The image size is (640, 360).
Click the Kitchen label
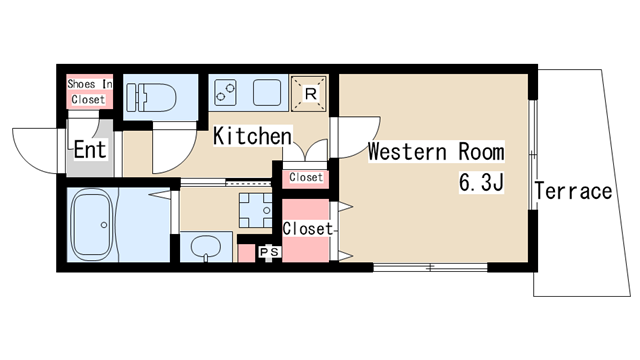pyautogui.click(x=253, y=136)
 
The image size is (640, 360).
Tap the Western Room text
pyautogui.click(x=436, y=152)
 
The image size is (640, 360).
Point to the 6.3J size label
pyautogui.click(x=482, y=182)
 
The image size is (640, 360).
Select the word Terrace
pyautogui.click(x=573, y=191)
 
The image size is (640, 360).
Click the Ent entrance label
pyautogui.click(x=90, y=149)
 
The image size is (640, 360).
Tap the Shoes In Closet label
pyautogui.click(x=89, y=91)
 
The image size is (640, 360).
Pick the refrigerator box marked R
pyautogui.click(x=309, y=93)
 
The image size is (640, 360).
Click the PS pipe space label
pyautogui.click(x=269, y=252)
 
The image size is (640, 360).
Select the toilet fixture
pyautogui.click(x=151, y=97)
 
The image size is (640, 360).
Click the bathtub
pyautogui.click(x=92, y=224)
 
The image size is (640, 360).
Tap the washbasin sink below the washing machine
pyautogui.click(x=206, y=247)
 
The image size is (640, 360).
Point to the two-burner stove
pyautogui.click(x=225, y=93)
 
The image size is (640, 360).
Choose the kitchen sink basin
pyautogui.click(x=267, y=93)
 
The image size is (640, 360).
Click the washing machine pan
pyautogui.click(x=256, y=210)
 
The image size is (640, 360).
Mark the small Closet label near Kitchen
pyautogui.click(x=306, y=177)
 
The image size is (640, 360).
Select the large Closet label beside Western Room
pyautogui.click(x=308, y=229)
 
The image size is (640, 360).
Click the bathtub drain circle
pyautogui.click(x=104, y=225)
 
